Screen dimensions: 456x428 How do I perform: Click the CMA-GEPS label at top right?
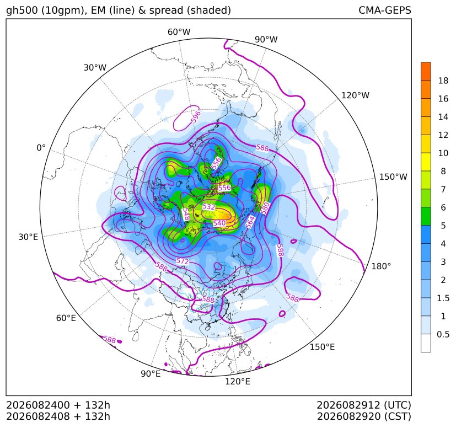click(x=385, y=10)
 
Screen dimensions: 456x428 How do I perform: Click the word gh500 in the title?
click(x=22, y=10)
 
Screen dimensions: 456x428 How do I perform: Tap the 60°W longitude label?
click(x=179, y=32)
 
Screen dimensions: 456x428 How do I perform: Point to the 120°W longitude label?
click(x=355, y=95)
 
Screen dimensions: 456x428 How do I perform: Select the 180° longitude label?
click(x=381, y=266)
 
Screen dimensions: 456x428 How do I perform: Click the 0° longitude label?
click(x=41, y=148)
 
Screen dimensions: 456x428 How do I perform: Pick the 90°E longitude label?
click(x=151, y=374)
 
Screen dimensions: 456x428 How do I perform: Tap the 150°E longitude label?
click(x=322, y=347)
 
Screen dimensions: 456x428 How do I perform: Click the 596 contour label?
click(x=196, y=116)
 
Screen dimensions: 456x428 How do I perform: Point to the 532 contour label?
click(x=208, y=207)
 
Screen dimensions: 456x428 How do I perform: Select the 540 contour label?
click(x=219, y=223)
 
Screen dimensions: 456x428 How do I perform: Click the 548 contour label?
click(x=186, y=215)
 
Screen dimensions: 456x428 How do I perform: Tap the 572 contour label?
click(x=183, y=261)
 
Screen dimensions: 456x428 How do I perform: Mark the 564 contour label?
click(x=250, y=222)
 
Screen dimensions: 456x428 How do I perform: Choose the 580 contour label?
click(x=265, y=208)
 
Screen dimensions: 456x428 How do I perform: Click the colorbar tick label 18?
click(x=443, y=81)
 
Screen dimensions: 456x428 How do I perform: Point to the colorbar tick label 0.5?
click(x=443, y=334)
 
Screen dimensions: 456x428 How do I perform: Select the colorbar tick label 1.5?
click(x=443, y=298)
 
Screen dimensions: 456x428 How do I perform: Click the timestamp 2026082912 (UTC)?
click(x=364, y=405)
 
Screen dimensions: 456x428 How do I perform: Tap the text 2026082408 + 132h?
click(x=58, y=416)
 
